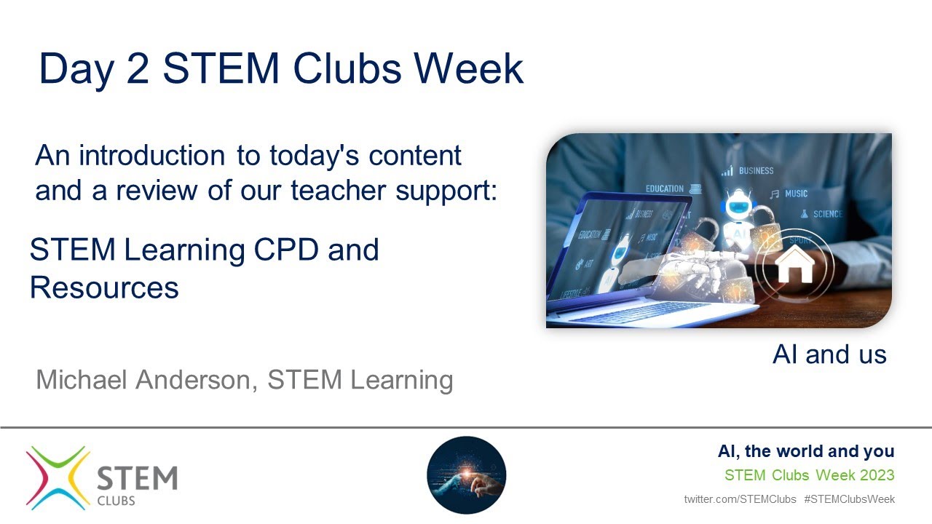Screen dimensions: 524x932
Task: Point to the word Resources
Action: click(x=104, y=287)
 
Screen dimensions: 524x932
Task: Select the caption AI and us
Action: click(x=829, y=354)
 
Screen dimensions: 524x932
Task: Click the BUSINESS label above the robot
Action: click(x=756, y=171)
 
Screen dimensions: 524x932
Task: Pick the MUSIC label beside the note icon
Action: click(x=796, y=194)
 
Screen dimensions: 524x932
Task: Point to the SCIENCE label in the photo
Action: click(x=827, y=214)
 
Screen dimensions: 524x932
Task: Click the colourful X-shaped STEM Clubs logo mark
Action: click(x=57, y=477)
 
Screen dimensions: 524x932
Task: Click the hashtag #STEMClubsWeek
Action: click(x=849, y=499)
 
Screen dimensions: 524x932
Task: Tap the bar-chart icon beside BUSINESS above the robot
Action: click(x=727, y=171)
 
